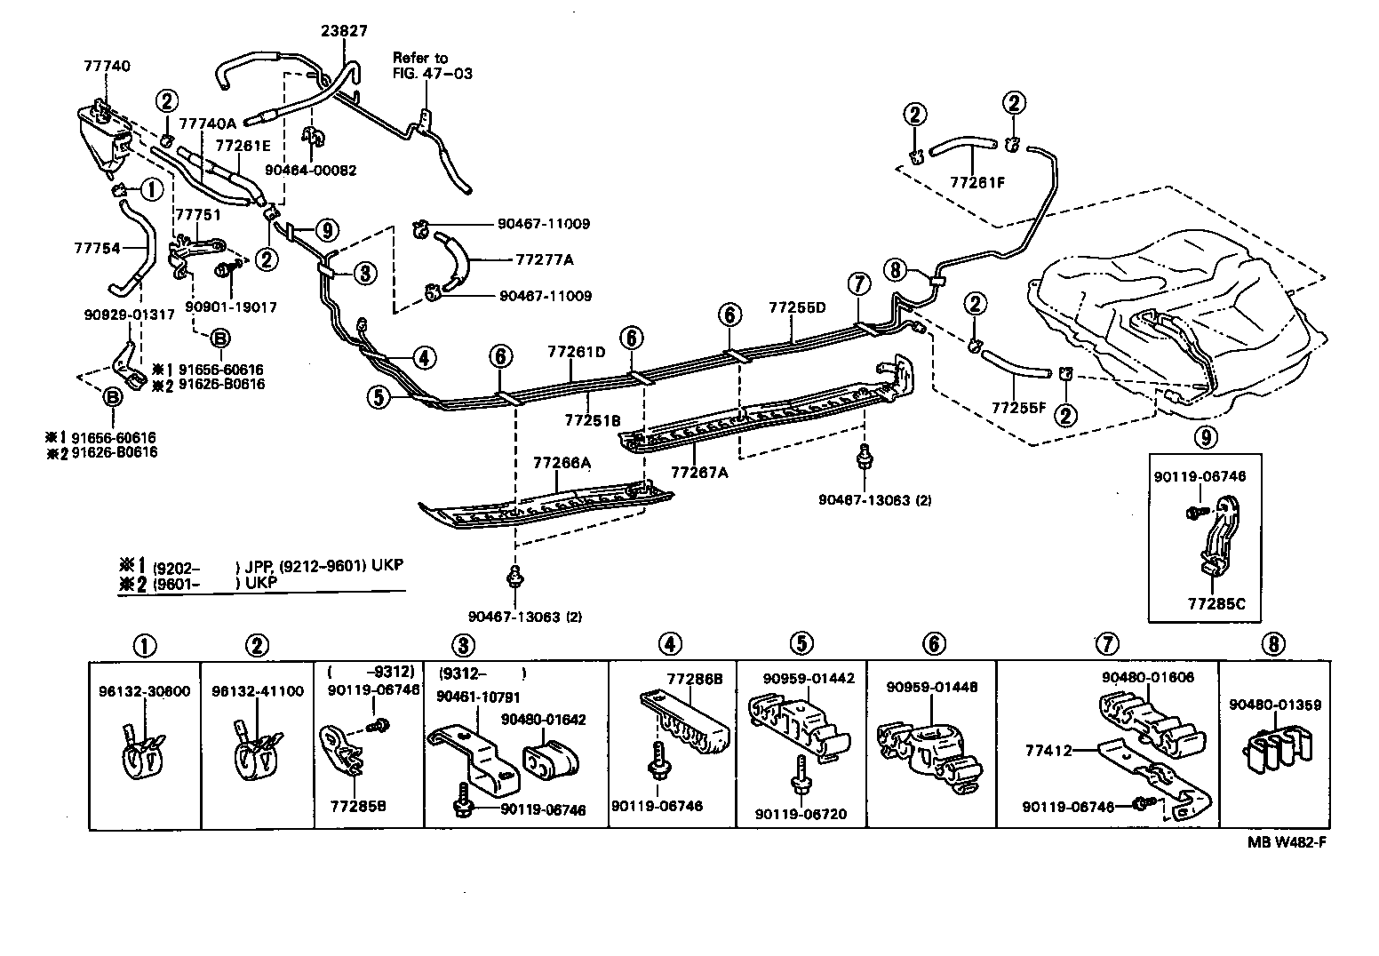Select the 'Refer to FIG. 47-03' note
433,66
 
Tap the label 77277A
544,260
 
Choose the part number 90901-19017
231,307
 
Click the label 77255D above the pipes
797,307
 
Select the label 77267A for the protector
699,473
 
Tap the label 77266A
562,463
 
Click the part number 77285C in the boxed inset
1216,603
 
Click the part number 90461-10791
478,697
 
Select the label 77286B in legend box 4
695,678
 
